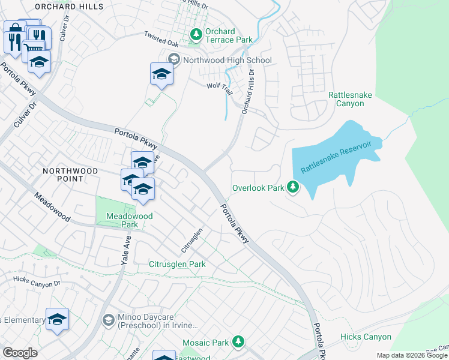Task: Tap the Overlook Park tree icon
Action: pyautogui.click(x=293, y=188)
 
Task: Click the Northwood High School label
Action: pyautogui.click(x=228, y=60)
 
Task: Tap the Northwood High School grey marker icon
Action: pyautogui.click(x=174, y=59)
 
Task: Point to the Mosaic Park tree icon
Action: pyautogui.click(x=238, y=342)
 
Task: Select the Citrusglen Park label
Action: pyautogui.click(x=177, y=264)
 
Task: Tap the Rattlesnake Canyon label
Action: pyautogui.click(x=354, y=99)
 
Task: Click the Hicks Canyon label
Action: pyautogui.click(x=366, y=337)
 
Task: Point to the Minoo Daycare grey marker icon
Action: pyautogui.click(x=108, y=320)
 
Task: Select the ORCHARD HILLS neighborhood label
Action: pyautogui.click(x=77, y=7)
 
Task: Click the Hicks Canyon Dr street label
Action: pyautogui.click(x=37, y=282)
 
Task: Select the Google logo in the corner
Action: pyautogui.click(x=20, y=353)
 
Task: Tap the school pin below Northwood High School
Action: pyautogui.click(x=161, y=74)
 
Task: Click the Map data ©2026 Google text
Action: pyautogui.click(x=411, y=355)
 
